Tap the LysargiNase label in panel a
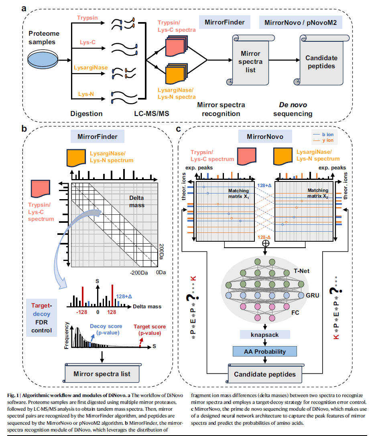(x=90, y=68)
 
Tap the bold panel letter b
(x=24, y=129)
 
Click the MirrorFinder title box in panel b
(x=94, y=137)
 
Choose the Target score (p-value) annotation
(x=150, y=330)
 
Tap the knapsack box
(x=265, y=334)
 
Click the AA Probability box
(x=265, y=352)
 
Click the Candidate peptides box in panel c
(x=265, y=375)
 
